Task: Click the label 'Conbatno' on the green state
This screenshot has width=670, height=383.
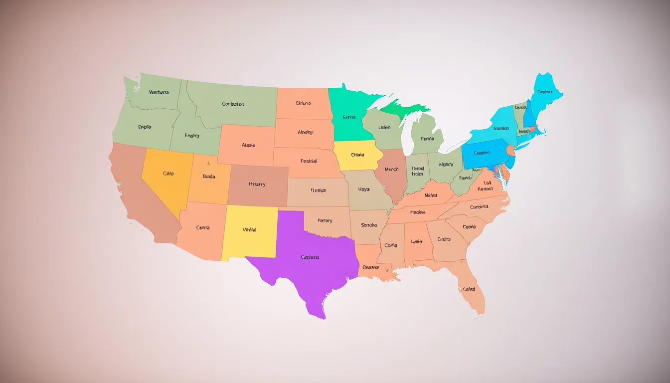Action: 233,104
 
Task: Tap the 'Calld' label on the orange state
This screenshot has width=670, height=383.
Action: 168,174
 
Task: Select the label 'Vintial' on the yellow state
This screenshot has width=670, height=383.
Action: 249,229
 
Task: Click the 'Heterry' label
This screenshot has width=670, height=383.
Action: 257,184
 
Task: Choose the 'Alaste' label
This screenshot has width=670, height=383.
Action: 248,145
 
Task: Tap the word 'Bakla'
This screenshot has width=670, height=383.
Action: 209,176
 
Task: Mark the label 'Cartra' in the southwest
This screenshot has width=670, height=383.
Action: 203,227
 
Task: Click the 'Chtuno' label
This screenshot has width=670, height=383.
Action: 303,103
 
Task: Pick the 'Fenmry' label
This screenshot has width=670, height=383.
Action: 325,220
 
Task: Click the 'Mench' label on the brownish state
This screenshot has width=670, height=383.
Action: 391,169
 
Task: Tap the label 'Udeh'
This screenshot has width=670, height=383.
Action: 384,127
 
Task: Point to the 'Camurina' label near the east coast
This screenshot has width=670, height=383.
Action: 479,206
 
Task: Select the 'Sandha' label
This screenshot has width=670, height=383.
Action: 369,225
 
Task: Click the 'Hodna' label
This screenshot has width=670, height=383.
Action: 418,212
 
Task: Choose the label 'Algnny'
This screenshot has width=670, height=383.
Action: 446,164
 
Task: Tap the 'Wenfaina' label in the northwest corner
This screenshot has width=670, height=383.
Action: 159,92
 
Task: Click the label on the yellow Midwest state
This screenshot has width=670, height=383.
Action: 357,155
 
